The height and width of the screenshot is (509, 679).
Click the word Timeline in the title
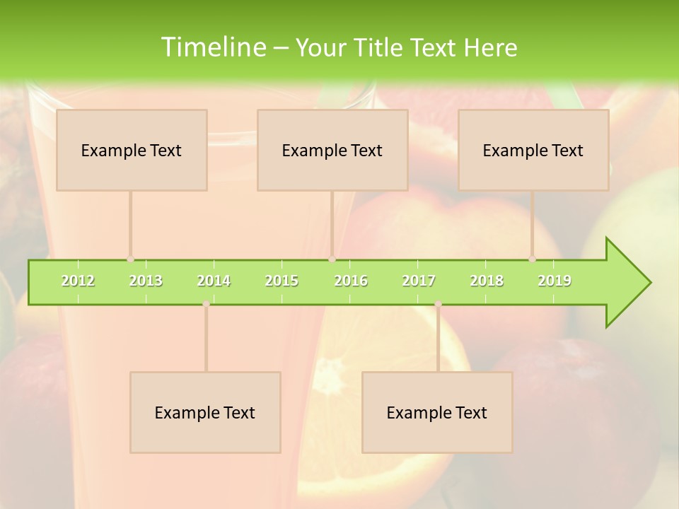click(212, 47)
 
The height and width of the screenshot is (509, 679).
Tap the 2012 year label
click(78, 281)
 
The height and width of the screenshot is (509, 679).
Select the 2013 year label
click(146, 281)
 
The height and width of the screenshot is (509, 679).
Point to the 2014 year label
click(214, 281)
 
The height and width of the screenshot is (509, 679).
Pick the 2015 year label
click(282, 281)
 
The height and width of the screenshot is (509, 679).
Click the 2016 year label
click(351, 281)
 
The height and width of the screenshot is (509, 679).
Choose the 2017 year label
click(419, 281)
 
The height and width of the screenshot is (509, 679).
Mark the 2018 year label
click(487, 281)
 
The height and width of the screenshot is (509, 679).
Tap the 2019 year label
click(555, 281)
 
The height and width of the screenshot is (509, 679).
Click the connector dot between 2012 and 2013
click(131, 259)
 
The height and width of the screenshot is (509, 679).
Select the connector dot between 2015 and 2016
click(332, 259)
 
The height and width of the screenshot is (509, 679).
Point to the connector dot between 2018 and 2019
click(533, 259)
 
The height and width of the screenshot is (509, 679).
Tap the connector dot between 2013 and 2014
click(206, 304)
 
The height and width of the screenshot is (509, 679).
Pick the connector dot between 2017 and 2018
click(438, 304)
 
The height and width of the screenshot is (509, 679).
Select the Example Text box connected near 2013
click(132, 150)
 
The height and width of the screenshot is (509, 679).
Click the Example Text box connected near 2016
click(332, 150)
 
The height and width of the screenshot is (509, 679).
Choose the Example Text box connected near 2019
click(533, 150)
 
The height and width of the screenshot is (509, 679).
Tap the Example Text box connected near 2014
click(205, 412)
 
